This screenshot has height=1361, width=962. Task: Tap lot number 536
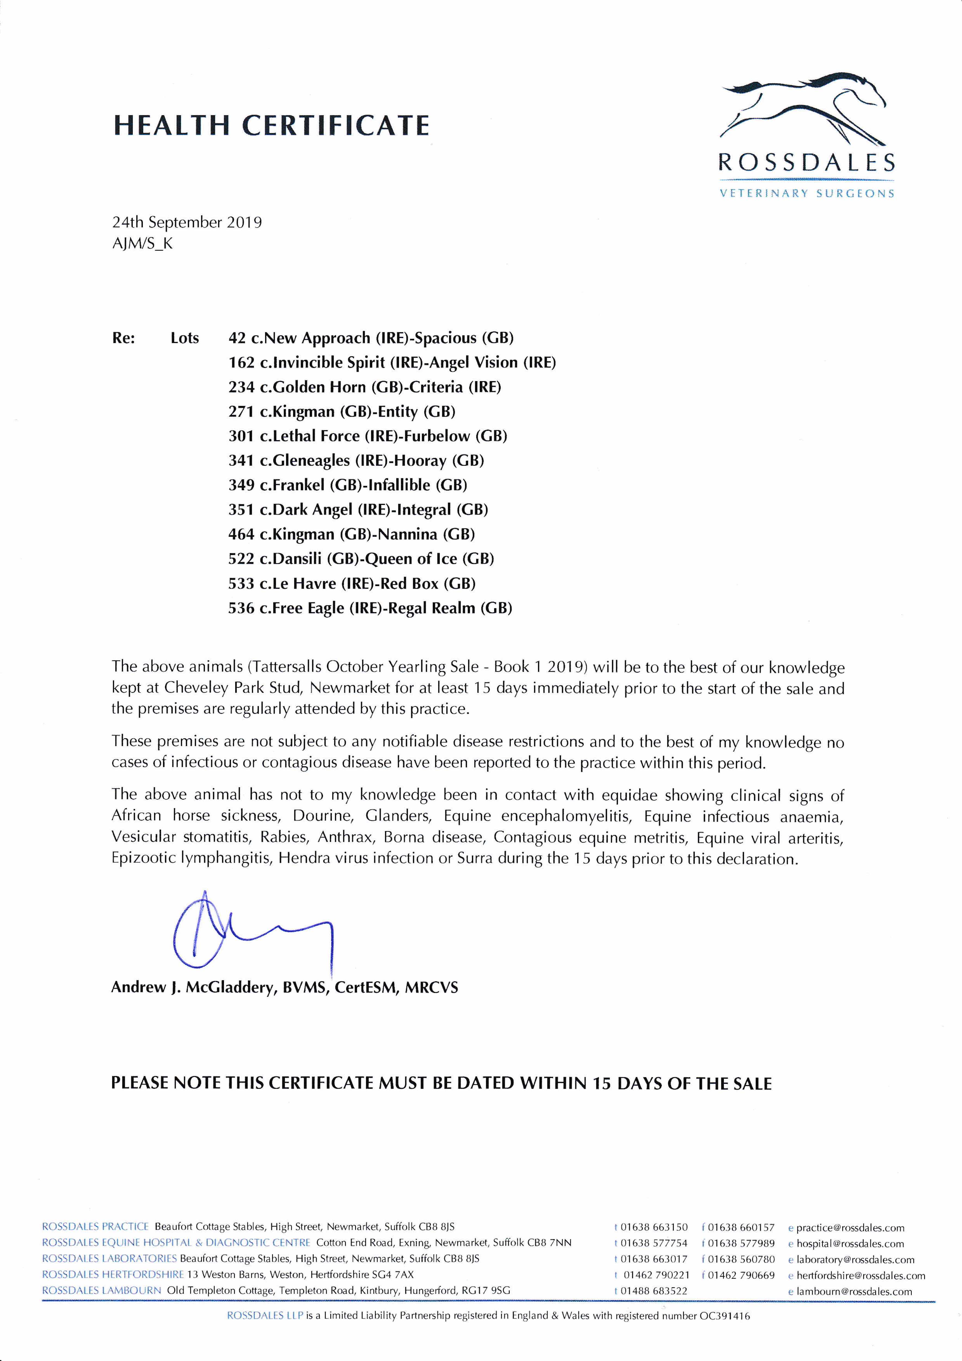tap(241, 608)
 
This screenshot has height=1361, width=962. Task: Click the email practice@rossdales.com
tap(850, 1228)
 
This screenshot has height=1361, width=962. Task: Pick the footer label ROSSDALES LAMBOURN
tap(101, 1291)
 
